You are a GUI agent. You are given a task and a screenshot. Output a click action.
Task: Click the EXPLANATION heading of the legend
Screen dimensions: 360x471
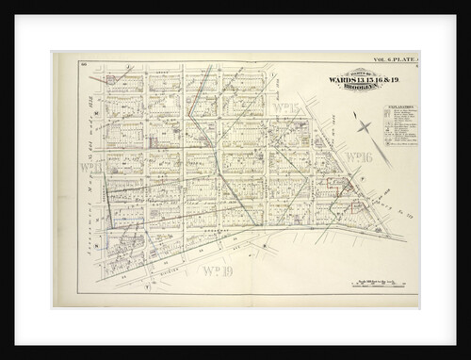pyautogui.click(x=399, y=107)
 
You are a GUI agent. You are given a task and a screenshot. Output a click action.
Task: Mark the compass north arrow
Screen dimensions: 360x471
pyautogui.click(x=365, y=123)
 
